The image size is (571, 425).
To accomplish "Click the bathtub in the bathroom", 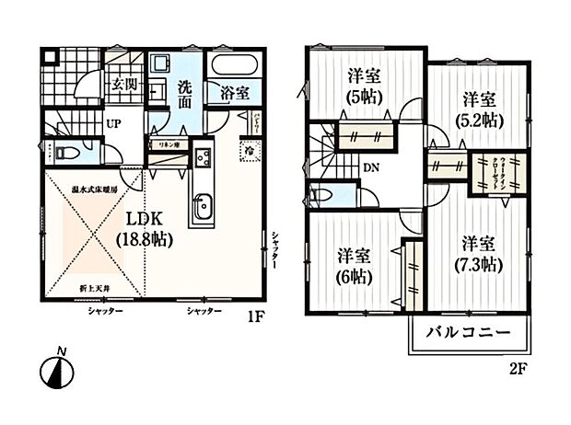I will (x=236, y=67).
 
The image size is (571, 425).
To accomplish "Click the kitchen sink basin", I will (x=202, y=209).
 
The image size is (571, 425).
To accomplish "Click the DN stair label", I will (x=368, y=168).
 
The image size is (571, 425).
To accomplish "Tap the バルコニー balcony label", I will (x=468, y=333).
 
